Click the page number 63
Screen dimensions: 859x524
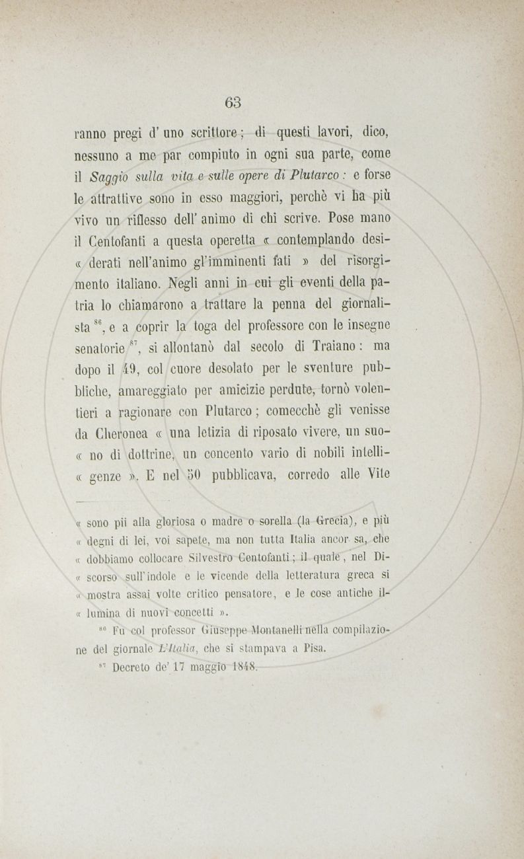coord(233,102)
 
